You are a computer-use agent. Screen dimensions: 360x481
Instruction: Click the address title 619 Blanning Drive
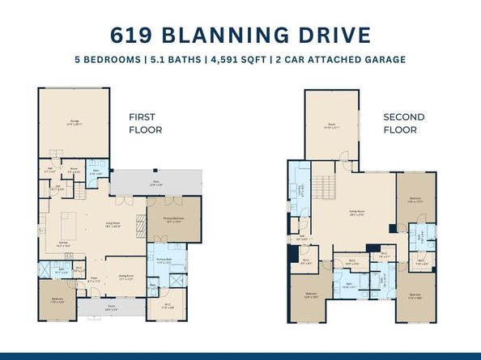pos(240,35)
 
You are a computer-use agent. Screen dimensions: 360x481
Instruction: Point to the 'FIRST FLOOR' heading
pos(145,123)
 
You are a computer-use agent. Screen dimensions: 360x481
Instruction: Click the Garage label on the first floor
pos(74,122)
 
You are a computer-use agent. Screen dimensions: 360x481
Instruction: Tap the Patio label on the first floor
pos(155,182)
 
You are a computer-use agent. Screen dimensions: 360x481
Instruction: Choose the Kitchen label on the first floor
pos(62,244)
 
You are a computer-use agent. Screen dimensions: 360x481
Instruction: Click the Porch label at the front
pos(112,307)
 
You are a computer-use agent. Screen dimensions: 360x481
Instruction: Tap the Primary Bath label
pos(166,260)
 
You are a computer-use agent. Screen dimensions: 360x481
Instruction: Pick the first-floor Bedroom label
pos(57,300)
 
